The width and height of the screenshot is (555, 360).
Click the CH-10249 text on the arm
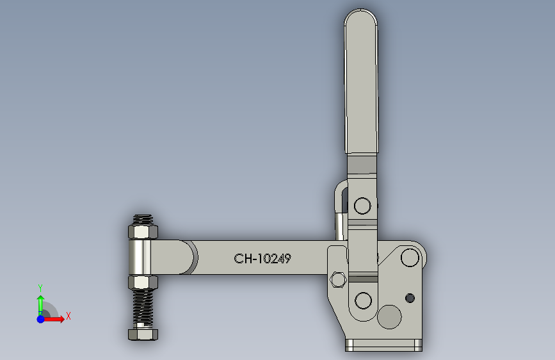(262, 259)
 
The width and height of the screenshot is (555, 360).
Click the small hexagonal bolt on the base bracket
(338, 280)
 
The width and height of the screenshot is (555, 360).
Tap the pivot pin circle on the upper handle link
(362, 206)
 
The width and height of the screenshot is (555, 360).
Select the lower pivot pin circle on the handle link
(363, 300)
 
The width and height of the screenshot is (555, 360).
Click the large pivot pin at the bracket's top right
(408, 258)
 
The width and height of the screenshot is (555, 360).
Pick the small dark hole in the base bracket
(410, 298)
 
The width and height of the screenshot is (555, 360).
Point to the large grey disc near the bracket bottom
(389, 316)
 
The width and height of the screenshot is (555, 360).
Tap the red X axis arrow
(55, 318)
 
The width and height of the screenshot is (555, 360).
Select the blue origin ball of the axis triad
(40, 318)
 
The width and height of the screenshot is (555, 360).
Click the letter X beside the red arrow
(68, 316)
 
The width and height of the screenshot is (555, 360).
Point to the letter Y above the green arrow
(40, 288)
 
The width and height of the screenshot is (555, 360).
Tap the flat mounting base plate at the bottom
(383, 345)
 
